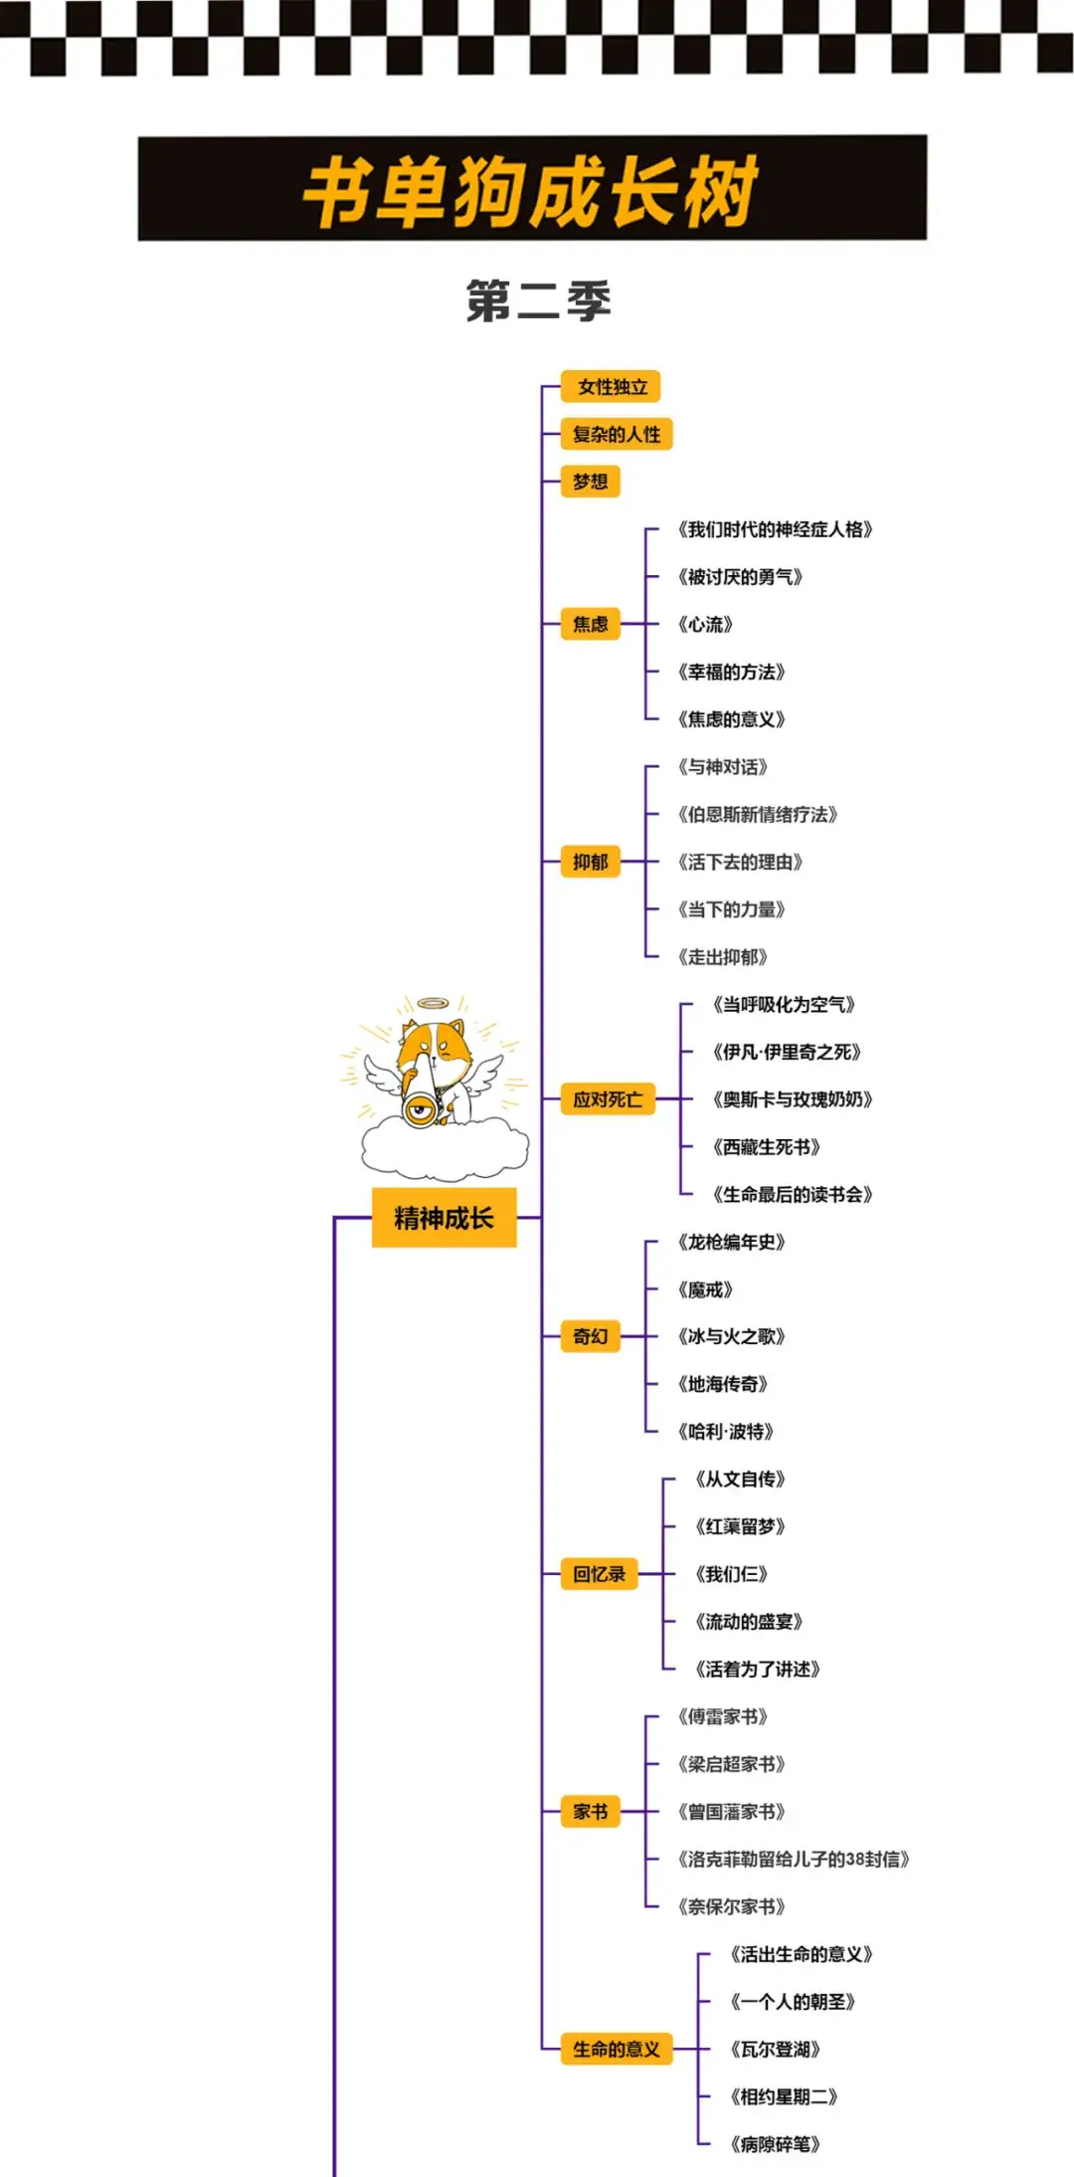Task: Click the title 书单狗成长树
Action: (x=532, y=189)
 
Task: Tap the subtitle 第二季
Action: (x=538, y=300)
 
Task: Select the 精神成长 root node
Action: (x=444, y=1218)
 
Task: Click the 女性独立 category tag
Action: (x=612, y=387)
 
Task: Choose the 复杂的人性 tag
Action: (x=617, y=434)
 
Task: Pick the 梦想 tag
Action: (x=591, y=482)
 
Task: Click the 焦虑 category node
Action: (x=591, y=624)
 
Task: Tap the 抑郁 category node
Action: (x=591, y=862)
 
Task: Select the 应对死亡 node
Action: (x=608, y=1099)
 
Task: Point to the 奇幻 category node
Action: (x=591, y=1336)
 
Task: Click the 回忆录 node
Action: (x=599, y=1574)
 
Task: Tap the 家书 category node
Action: (x=591, y=1812)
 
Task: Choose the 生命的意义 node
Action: (x=617, y=2049)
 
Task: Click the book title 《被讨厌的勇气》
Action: (x=740, y=577)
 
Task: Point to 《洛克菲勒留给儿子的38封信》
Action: (x=793, y=1859)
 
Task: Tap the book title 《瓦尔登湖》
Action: (x=775, y=2049)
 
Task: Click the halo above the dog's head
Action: (x=432, y=1003)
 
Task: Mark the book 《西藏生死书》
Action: (x=766, y=1147)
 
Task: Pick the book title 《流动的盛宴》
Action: (x=749, y=1622)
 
